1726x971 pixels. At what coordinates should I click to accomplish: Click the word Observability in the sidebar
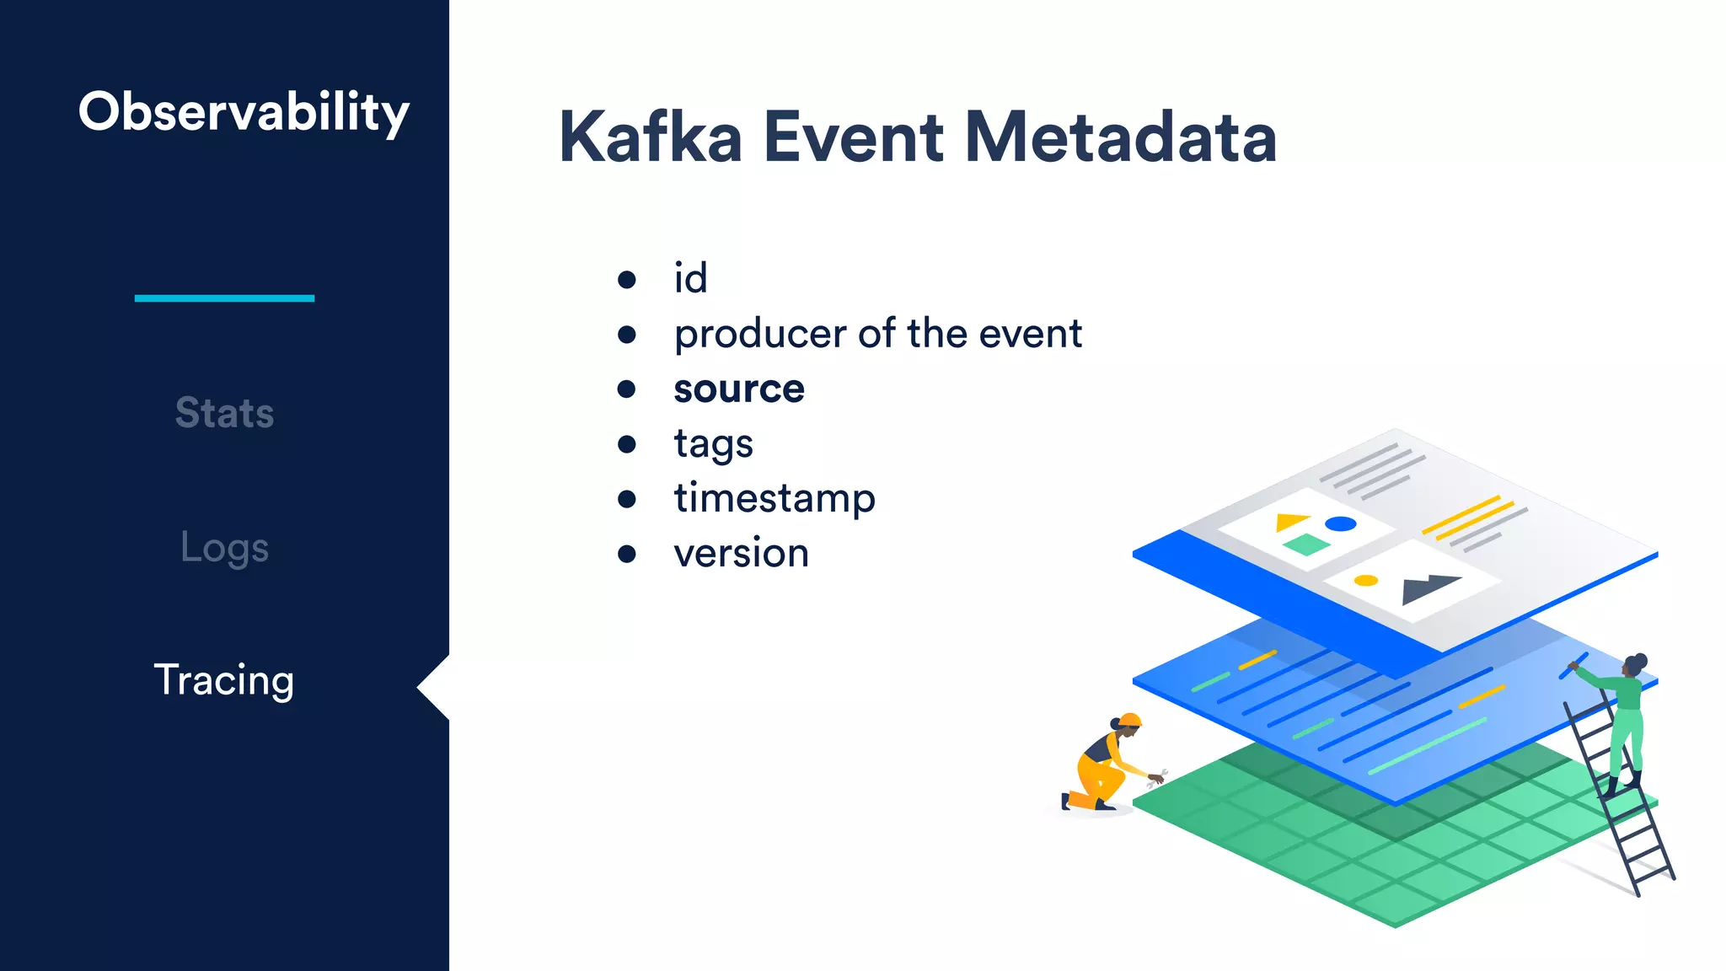244,112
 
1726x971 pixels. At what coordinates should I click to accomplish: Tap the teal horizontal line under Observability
224,298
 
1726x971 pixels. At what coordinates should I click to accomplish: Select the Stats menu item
224,413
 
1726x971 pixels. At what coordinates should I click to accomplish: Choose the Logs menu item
224,548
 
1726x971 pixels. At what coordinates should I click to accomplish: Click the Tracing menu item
224,679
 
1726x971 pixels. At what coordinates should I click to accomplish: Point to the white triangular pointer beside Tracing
435,688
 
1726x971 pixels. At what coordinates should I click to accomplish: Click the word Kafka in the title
650,137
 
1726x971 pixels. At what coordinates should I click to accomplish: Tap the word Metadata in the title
1120,137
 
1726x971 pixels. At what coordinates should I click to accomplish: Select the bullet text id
690,278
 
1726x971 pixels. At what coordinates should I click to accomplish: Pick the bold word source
739,389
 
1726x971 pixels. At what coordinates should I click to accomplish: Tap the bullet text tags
713,444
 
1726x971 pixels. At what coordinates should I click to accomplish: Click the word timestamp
775,498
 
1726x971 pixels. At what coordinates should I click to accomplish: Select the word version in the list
741,554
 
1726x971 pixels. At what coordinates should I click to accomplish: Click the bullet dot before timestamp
626,499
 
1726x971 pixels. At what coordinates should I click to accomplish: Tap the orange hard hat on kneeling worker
1130,720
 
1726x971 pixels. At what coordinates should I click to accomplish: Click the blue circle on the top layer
1340,524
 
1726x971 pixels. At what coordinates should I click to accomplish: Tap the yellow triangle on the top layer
1289,522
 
